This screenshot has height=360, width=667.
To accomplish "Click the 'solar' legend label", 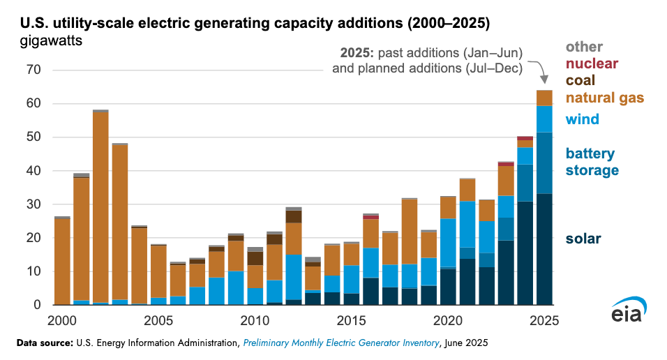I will click(x=583, y=239).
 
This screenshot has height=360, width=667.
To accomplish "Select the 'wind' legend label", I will click(x=582, y=119).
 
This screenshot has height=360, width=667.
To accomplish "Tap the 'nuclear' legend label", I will click(x=592, y=63).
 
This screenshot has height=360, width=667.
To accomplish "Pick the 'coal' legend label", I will click(x=580, y=80).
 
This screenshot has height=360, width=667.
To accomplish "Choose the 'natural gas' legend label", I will click(x=604, y=98).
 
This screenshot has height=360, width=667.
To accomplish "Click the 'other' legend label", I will click(x=584, y=47).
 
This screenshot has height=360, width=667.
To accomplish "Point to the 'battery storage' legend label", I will click(x=592, y=162).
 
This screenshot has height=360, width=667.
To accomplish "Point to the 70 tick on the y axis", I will click(x=33, y=70).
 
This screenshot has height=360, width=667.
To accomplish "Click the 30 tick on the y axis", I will click(x=33, y=204).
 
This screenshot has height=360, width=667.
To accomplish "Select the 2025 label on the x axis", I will click(x=544, y=321).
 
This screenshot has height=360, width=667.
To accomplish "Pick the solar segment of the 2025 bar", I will click(x=544, y=249).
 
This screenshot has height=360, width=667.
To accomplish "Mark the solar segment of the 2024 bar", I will click(x=525, y=253).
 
